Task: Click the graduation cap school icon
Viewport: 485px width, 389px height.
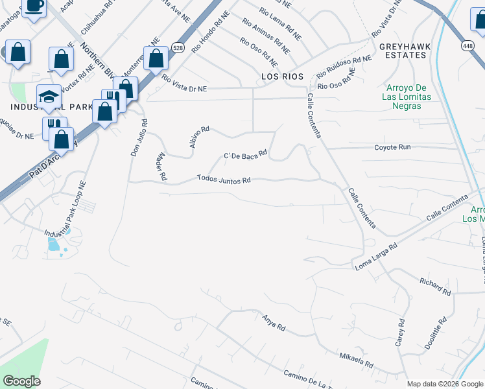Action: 48,97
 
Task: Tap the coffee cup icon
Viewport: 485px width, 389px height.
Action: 34,6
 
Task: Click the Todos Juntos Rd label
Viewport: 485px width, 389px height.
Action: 224,179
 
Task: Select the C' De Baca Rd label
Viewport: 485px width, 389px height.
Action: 245,155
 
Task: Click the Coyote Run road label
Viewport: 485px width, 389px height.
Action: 392,147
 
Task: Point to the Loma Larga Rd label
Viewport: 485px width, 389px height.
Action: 375,257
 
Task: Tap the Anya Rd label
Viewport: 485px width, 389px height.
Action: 274,322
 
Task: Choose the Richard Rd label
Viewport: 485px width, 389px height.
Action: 434,285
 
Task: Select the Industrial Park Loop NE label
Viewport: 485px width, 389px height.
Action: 65,209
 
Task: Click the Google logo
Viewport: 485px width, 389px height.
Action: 21,381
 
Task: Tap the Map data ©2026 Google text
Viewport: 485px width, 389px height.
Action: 445,384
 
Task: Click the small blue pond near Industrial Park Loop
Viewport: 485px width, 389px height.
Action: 53,245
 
